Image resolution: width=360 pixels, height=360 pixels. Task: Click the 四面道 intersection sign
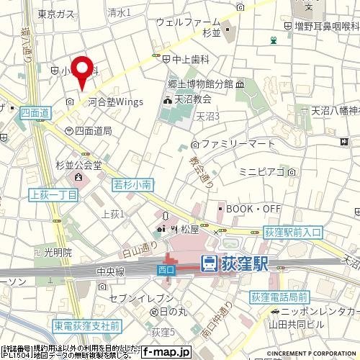34,113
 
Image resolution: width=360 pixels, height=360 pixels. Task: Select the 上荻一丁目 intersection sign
53,195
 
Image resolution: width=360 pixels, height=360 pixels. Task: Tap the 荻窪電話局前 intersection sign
279,297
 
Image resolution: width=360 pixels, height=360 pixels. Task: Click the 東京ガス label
37,13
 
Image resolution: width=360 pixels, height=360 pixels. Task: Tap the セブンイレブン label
140,297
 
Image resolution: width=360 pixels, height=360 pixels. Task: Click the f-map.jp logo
165,352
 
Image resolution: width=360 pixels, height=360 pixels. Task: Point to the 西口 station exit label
163,269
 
